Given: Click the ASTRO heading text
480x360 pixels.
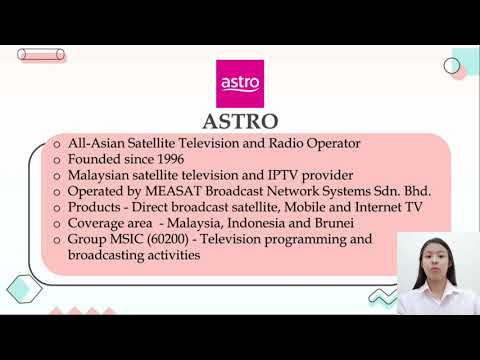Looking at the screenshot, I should [x=241, y=122].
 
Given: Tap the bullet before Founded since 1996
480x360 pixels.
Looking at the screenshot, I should [x=58, y=160].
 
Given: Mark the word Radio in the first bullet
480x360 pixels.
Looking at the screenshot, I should [x=281, y=143].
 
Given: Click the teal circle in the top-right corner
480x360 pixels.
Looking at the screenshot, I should [x=452, y=65].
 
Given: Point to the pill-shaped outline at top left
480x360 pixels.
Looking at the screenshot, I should [x=43, y=56].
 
